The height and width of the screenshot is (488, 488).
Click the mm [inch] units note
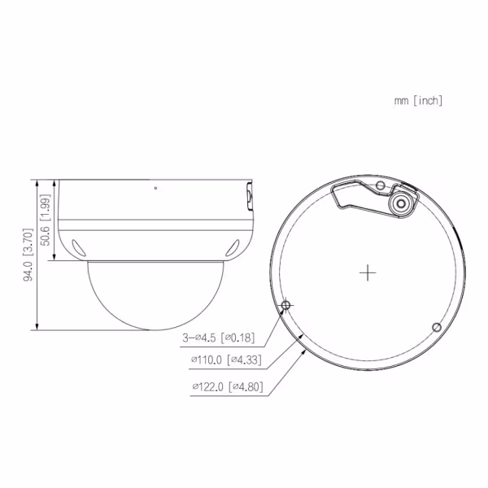click(x=418, y=101)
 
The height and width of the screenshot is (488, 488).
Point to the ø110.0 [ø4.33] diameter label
click(x=225, y=359)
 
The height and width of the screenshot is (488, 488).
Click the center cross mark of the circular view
click(x=368, y=272)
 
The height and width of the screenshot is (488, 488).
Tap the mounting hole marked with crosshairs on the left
click(x=285, y=306)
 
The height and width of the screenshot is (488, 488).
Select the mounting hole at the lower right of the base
click(x=436, y=327)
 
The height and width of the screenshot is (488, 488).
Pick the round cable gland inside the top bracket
click(x=401, y=206)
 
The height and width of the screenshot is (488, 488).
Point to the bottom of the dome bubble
click(x=152, y=330)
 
